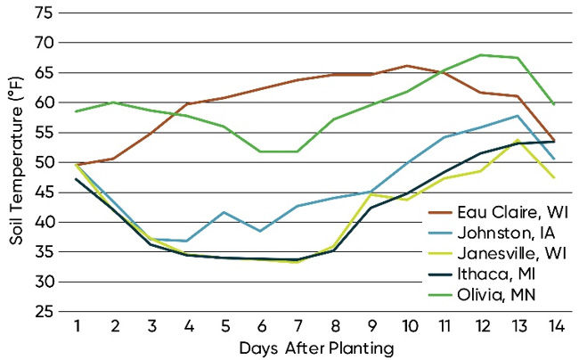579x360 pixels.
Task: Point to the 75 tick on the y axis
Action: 44,13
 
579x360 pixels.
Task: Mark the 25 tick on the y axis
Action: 44,312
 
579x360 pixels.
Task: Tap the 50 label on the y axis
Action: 44,163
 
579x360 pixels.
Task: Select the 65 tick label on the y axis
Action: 44,73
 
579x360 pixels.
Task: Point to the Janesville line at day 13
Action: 518,140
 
